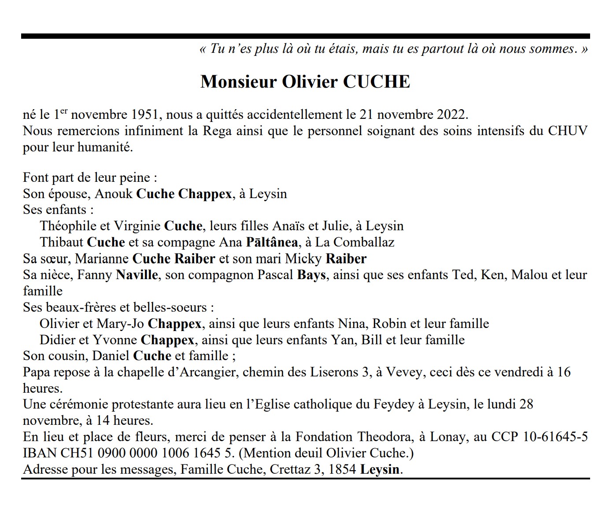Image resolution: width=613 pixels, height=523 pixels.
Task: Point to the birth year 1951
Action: coord(145,114)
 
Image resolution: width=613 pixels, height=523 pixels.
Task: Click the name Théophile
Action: coord(68,226)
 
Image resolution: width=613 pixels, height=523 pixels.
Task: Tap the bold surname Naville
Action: coord(137,275)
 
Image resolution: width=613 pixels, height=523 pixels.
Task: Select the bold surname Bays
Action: coord(311,275)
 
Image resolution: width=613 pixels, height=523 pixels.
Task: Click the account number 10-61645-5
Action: coord(556,437)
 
